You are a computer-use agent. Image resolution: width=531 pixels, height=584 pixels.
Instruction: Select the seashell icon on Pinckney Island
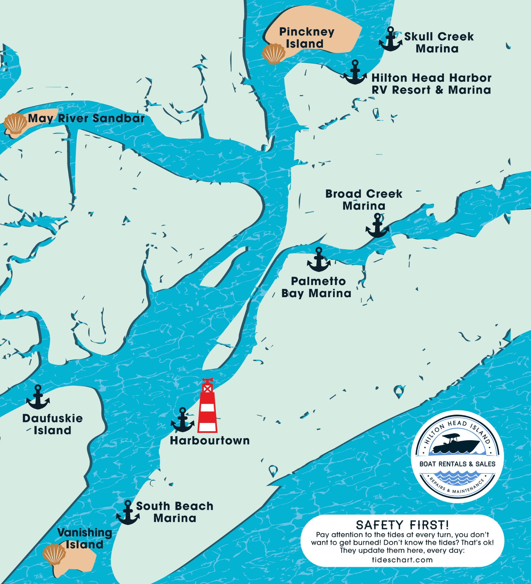click(274, 54)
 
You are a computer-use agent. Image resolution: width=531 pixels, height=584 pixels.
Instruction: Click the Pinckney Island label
click(306, 38)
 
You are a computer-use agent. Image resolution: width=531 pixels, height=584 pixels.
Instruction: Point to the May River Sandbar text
click(86, 118)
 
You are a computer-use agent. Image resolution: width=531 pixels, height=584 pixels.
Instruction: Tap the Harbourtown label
click(210, 441)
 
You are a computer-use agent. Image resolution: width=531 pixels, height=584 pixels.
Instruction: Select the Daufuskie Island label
click(53, 424)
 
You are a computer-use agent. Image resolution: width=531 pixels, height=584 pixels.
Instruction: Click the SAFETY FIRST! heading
click(402, 525)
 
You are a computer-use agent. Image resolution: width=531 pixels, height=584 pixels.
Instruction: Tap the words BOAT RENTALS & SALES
click(457, 464)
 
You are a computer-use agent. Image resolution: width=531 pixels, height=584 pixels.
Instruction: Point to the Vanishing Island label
click(85, 538)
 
